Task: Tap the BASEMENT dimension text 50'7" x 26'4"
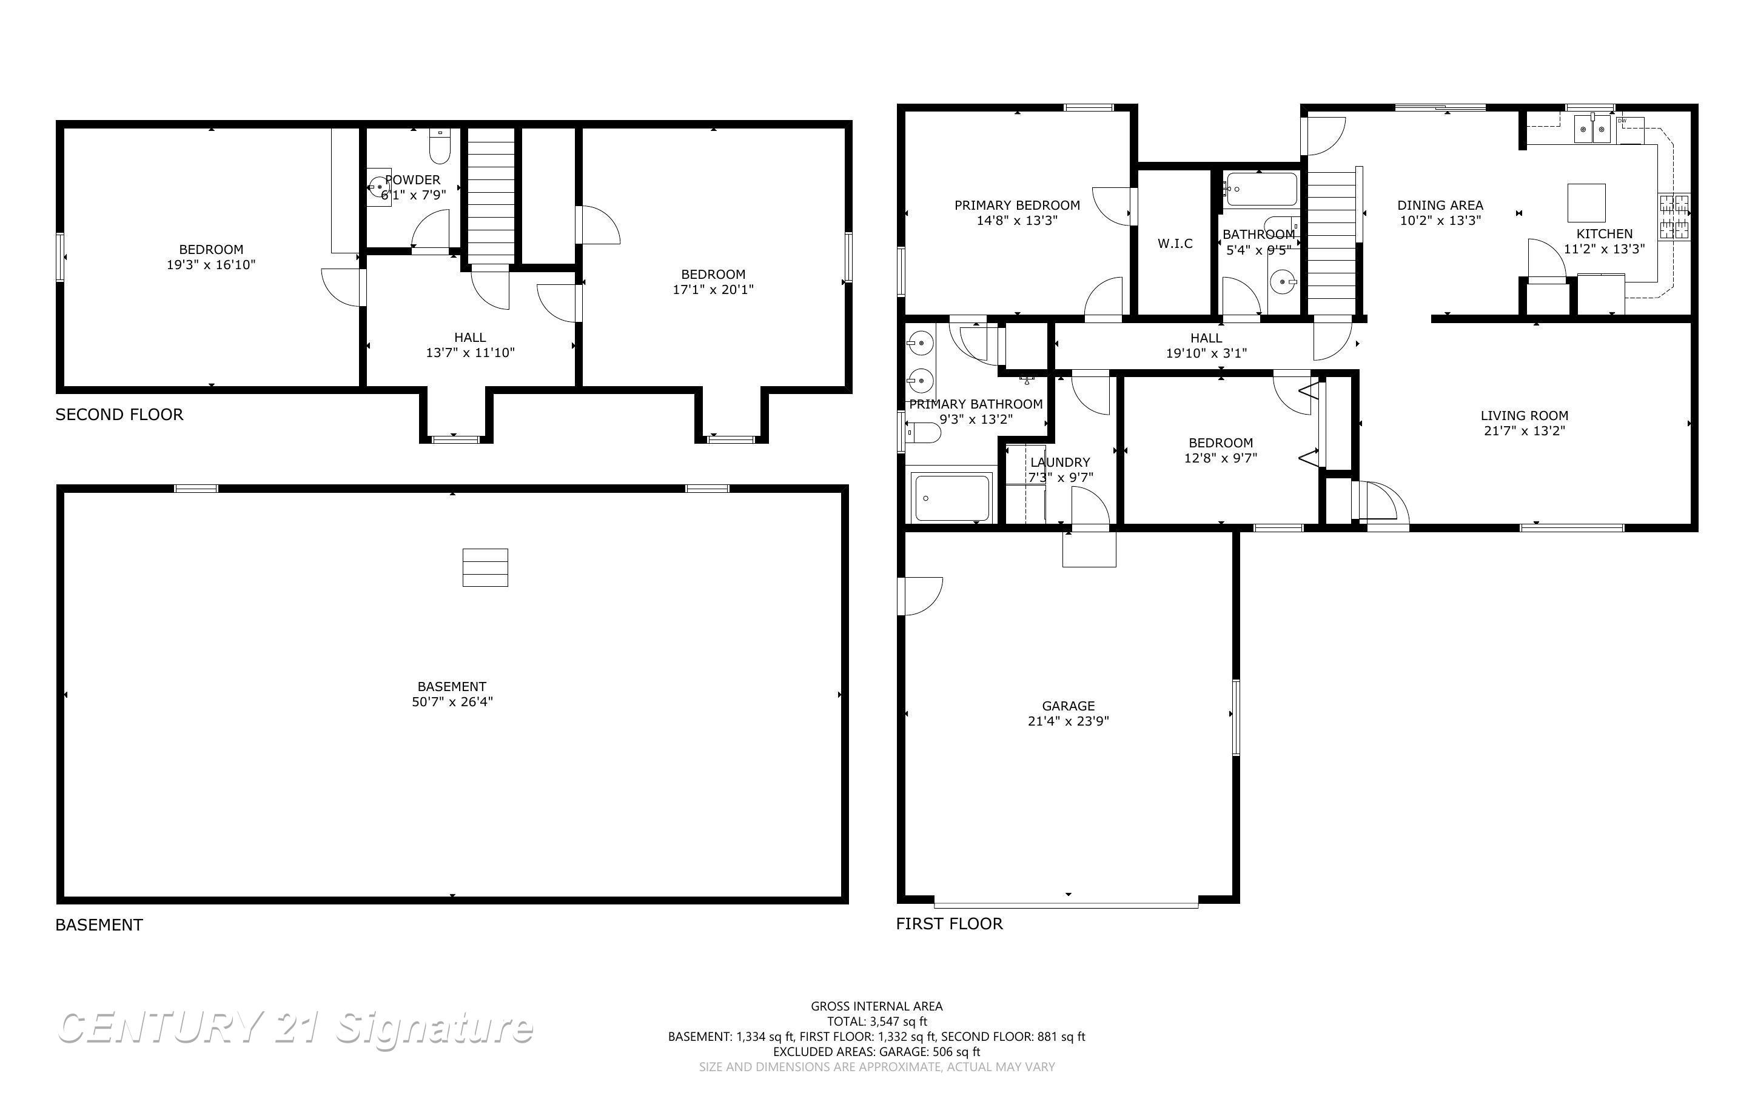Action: tap(452, 702)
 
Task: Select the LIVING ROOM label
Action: tap(1524, 415)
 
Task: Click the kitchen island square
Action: tap(1586, 202)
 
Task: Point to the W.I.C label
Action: tap(1175, 244)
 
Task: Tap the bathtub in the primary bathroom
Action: tap(953, 498)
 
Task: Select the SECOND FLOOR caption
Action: tap(119, 415)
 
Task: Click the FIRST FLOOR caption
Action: tap(950, 923)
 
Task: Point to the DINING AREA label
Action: tap(1440, 205)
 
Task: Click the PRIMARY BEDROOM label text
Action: tap(1017, 205)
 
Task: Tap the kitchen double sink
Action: tap(1591, 130)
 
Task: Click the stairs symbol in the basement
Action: tap(486, 567)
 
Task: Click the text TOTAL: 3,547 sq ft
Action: tap(877, 1021)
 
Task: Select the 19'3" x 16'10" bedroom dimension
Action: tap(211, 264)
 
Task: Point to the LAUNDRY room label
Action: tap(1060, 462)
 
